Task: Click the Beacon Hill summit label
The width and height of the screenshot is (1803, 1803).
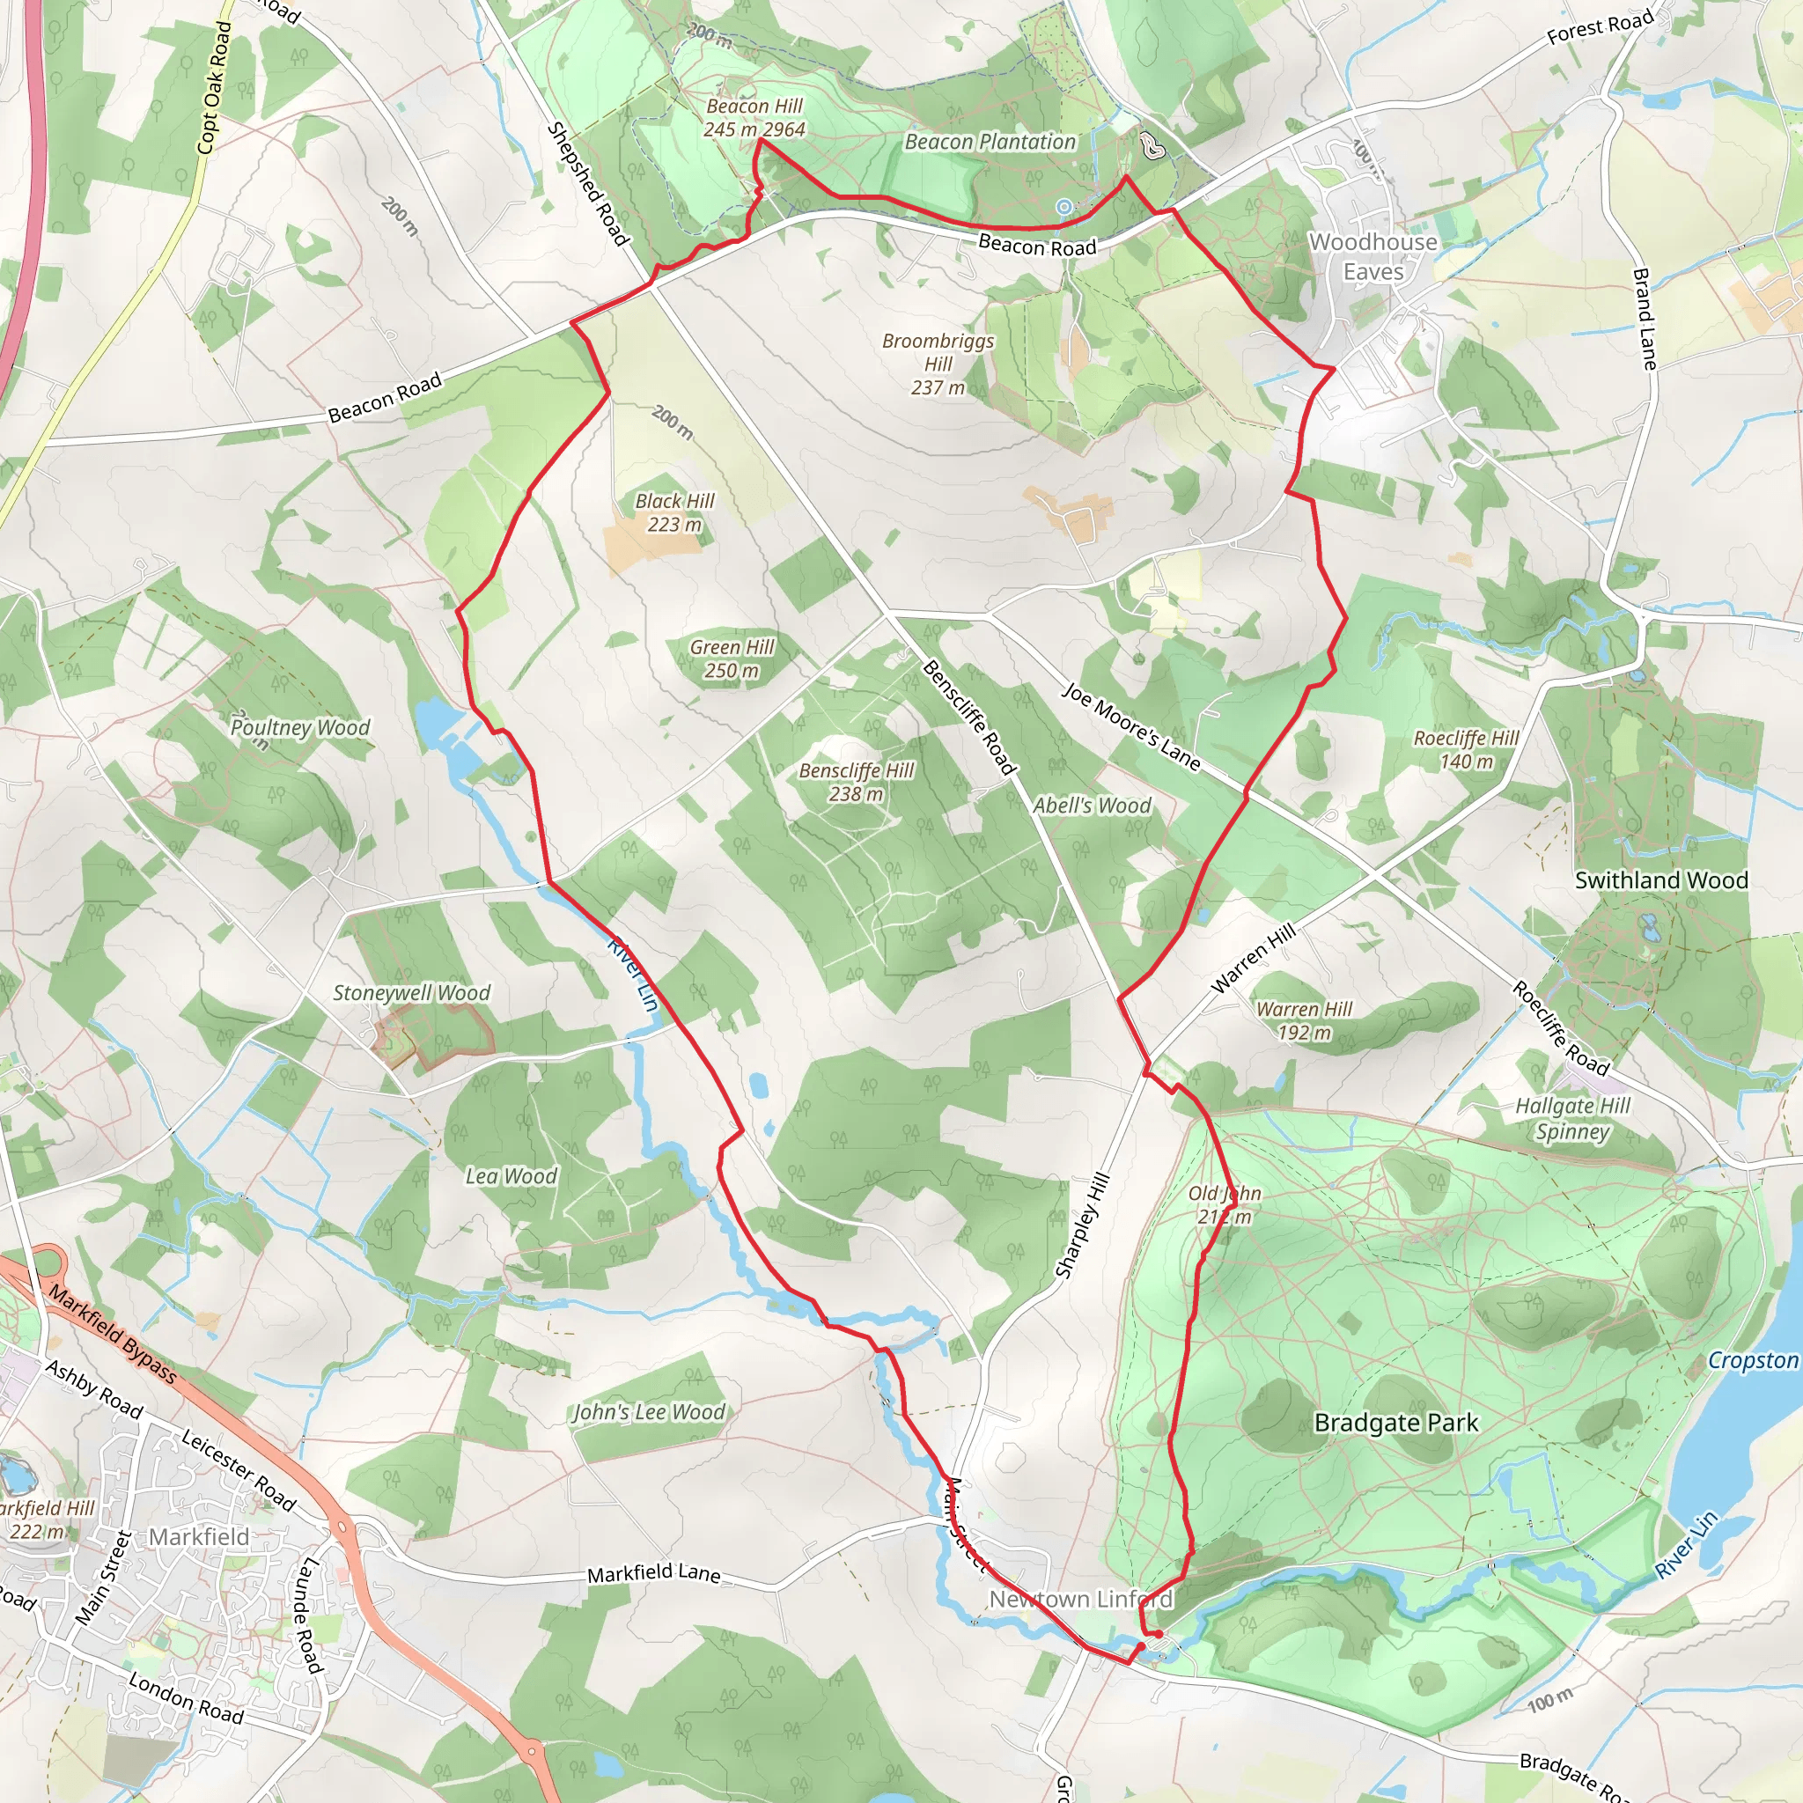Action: (x=754, y=119)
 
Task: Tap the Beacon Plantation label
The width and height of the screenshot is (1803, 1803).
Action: (x=990, y=142)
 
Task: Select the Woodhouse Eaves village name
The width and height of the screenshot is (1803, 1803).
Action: (x=1372, y=257)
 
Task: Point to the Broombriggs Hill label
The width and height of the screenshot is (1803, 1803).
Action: (x=938, y=364)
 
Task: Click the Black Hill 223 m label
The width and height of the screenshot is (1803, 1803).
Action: (x=673, y=512)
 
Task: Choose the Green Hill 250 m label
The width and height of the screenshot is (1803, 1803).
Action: (x=732, y=659)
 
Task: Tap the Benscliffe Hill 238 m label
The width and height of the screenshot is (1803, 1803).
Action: (x=856, y=782)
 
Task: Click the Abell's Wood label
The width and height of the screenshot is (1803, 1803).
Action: (x=1092, y=806)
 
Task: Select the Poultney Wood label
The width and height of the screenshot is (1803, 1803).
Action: (x=299, y=727)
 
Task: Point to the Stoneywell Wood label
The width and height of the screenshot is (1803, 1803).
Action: (x=411, y=993)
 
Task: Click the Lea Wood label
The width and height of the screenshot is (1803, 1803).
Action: (x=511, y=1176)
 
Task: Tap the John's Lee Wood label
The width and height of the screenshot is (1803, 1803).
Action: (x=649, y=1412)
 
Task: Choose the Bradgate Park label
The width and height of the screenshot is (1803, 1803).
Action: (x=1396, y=1424)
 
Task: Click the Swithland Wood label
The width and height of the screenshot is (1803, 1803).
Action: (x=1661, y=880)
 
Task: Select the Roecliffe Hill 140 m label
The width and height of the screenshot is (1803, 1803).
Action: (x=1466, y=749)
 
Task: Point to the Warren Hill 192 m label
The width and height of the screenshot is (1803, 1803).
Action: (x=1304, y=1020)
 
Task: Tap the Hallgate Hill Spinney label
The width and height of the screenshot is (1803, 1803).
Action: (x=1572, y=1118)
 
